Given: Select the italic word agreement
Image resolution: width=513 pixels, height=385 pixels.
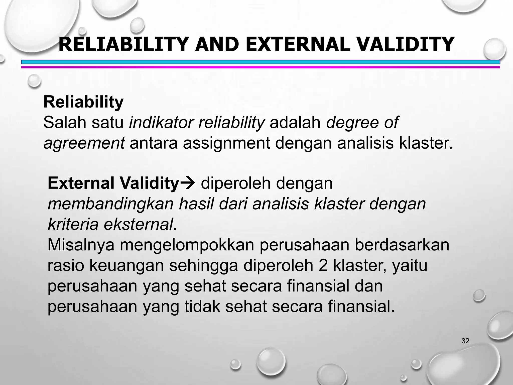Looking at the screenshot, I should tap(84, 143).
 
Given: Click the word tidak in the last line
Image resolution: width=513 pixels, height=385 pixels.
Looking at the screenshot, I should tap(202, 307).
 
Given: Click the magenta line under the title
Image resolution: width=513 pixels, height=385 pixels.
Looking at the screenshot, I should tap(261, 67).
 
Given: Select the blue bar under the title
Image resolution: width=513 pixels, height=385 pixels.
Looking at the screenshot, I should tap(261, 62).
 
